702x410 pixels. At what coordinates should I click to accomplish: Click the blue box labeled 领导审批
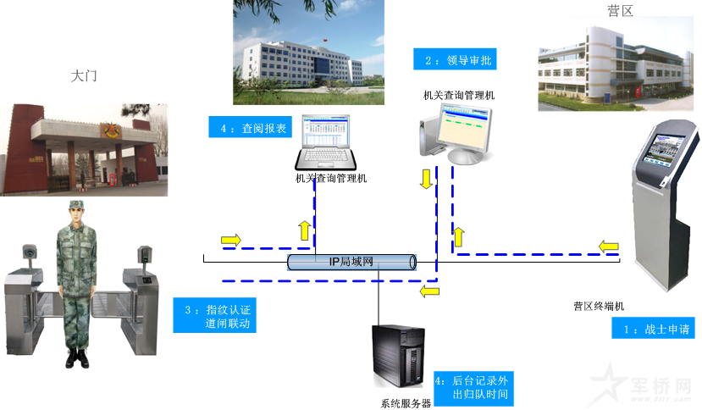tap(454, 59)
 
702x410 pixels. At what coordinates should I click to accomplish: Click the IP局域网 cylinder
tap(351, 262)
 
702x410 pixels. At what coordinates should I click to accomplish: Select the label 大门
tap(84, 76)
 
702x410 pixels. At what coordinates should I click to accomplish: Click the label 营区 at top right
tap(620, 11)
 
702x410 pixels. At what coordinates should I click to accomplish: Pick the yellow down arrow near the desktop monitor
tap(427, 179)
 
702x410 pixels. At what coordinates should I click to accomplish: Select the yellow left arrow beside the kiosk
tap(607, 247)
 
